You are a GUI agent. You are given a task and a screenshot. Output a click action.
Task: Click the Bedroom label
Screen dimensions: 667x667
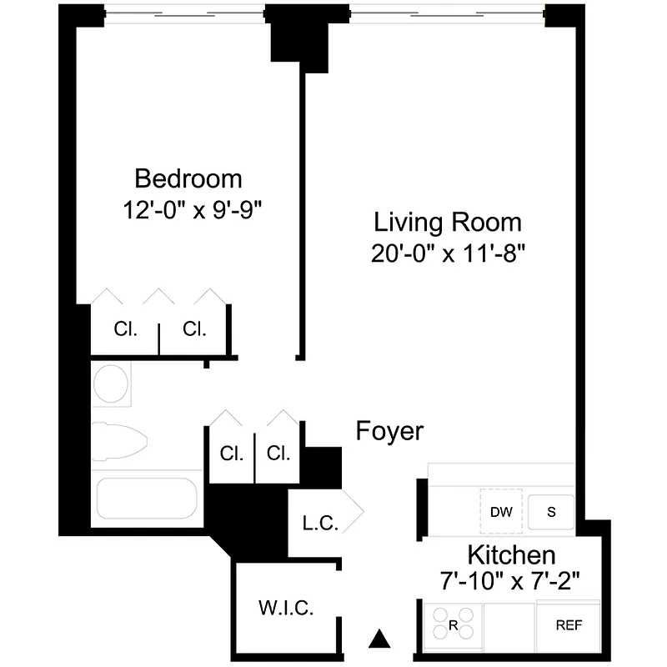point(188,178)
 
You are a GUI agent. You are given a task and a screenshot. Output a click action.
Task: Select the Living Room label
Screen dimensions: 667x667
point(448,223)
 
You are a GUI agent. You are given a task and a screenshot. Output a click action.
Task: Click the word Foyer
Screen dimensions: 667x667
point(389,432)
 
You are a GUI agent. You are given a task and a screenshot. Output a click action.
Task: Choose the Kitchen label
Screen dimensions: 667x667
point(510,554)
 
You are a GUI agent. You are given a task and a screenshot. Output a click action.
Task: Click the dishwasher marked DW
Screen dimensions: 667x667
point(500,512)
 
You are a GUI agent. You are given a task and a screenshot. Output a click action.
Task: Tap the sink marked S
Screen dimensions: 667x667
point(550,512)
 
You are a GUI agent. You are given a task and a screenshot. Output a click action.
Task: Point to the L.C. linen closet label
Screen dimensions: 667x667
point(320,524)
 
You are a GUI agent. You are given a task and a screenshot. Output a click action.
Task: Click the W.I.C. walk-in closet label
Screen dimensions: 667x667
point(285,608)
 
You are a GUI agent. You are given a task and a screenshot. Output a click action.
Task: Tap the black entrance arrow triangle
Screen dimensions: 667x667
point(380,639)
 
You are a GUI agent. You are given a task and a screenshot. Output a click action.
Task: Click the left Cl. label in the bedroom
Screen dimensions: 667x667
point(126,328)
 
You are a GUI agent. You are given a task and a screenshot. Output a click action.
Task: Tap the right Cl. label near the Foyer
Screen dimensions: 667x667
point(278,454)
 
